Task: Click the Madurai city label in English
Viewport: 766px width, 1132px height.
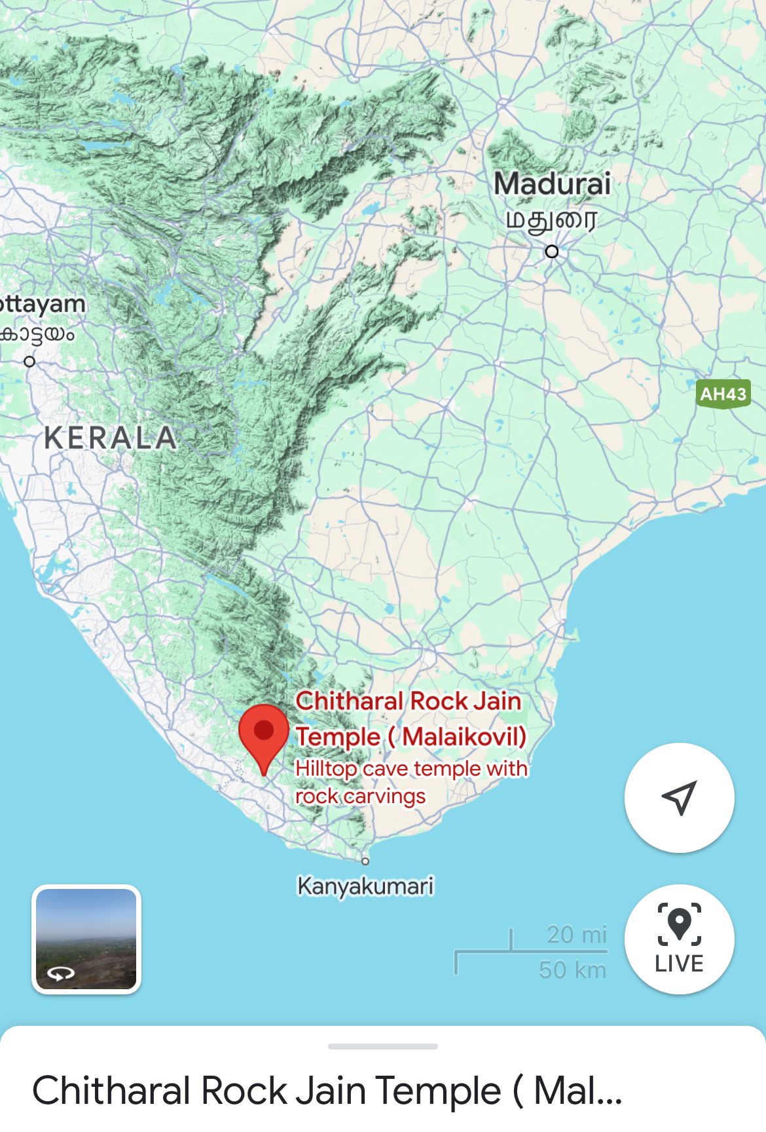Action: [552, 183]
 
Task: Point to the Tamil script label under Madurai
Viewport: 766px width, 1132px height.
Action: [551, 221]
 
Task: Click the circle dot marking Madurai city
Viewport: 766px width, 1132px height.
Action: [552, 252]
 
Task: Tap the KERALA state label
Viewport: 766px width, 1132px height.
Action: [111, 438]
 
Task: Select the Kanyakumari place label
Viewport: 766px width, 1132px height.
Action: [365, 886]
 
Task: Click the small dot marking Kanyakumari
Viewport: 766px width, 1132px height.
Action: [365, 861]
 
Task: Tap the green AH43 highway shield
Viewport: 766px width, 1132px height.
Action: [723, 394]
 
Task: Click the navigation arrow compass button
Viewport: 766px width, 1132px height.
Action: [679, 797]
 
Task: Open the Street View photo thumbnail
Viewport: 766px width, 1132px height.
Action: [86, 939]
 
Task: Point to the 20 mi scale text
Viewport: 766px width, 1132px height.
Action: [576, 934]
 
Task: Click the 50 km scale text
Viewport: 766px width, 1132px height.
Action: [572, 970]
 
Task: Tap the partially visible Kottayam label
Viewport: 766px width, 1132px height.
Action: [43, 305]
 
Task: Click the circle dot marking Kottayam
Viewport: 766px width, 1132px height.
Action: [29, 362]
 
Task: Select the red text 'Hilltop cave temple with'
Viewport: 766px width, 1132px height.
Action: [411, 768]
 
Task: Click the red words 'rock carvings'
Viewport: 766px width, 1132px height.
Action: [360, 796]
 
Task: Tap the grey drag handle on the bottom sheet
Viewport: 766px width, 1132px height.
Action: [383, 1046]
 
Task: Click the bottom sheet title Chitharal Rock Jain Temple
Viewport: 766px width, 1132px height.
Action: [327, 1091]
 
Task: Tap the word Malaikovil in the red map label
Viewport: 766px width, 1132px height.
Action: [464, 736]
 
